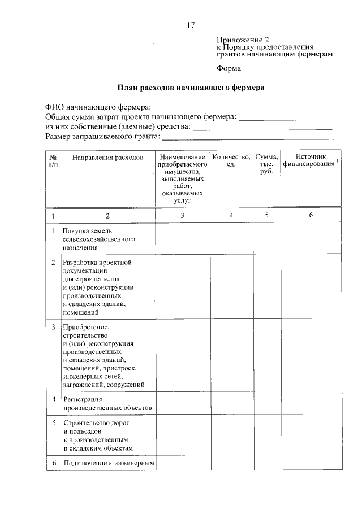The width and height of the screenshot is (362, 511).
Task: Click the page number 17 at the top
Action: (191, 25)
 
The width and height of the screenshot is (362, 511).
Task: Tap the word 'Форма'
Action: (229, 69)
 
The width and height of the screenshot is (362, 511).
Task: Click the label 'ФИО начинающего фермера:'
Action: (98, 107)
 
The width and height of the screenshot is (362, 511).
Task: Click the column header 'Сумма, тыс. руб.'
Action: (266, 164)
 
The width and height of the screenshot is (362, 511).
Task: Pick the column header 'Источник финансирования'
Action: (311, 160)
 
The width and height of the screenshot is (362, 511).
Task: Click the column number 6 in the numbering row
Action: (311, 216)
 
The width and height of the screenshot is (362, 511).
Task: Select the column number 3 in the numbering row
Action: (182, 216)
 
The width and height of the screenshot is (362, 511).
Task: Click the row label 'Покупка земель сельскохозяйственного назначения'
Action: (99, 239)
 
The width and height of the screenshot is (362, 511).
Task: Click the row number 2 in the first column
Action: (53, 263)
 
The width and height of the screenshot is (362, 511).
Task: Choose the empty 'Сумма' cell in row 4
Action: (266, 403)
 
